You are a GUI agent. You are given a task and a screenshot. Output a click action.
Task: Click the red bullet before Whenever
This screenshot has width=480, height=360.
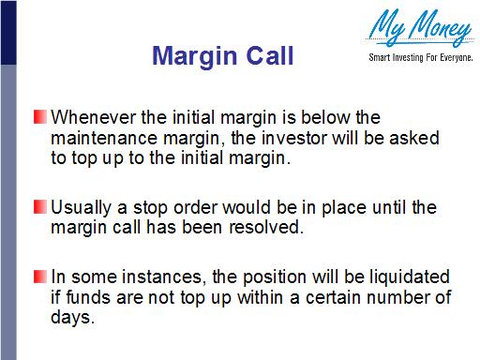click(x=41, y=118)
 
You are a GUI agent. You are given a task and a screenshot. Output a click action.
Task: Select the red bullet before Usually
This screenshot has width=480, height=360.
click(x=41, y=206)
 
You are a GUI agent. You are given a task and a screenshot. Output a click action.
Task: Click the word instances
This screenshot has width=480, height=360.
click(x=142, y=277)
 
